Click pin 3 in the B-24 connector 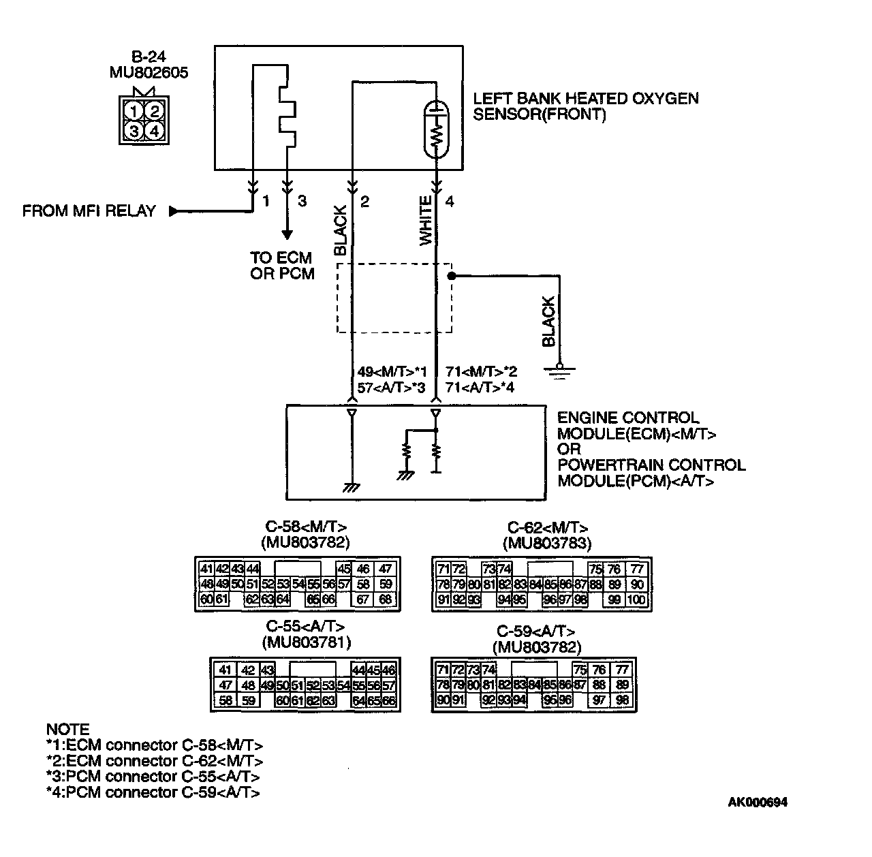(x=135, y=130)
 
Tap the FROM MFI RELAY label (x=89, y=211)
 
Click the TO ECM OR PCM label (x=281, y=266)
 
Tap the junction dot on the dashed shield (x=451, y=276)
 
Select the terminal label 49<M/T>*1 (x=392, y=372)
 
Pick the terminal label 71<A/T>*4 (x=480, y=388)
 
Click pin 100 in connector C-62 (x=636, y=600)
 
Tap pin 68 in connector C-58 (x=386, y=600)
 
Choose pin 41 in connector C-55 (x=225, y=670)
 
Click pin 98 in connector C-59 (x=621, y=700)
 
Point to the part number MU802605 (x=149, y=72)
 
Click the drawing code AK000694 (x=758, y=803)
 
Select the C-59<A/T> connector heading (x=535, y=631)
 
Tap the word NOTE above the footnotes (x=67, y=729)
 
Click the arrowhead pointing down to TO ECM (x=287, y=234)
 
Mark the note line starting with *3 (x=153, y=777)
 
